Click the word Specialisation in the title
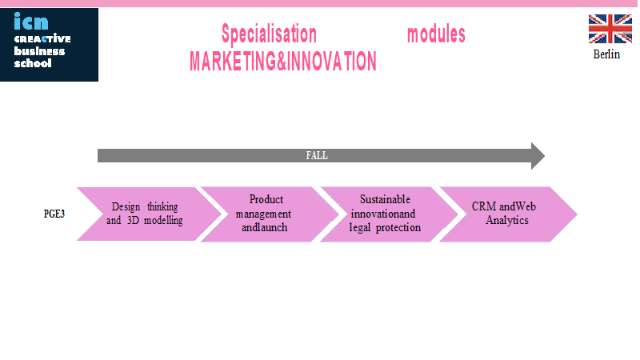coord(269,34)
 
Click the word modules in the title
coord(436,34)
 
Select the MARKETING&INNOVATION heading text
coord(283,62)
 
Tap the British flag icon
coord(610,29)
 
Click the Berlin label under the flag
coord(606,54)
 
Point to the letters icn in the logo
coord(31,22)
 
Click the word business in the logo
coord(39,51)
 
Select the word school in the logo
coord(33,63)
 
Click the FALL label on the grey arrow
coord(317,155)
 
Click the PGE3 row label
coord(54,214)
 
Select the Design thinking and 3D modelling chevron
coord(149,214)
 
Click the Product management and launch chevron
coord(270,214)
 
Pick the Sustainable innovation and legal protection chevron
coord(389,214)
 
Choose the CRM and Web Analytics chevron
coord(508,214)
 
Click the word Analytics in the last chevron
coord(507,221)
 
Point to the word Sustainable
coord(385,199)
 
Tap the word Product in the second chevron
coord(266,199)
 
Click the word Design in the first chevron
coord(126,207)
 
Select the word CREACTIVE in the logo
coord(42,38)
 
